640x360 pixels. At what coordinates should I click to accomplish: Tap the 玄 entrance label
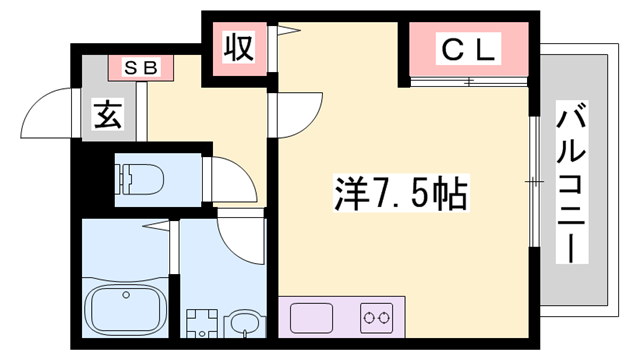(x=107, y=115)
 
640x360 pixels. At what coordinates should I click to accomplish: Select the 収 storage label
(x=237, y=47)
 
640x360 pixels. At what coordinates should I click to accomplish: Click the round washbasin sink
(x=241, y=323)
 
